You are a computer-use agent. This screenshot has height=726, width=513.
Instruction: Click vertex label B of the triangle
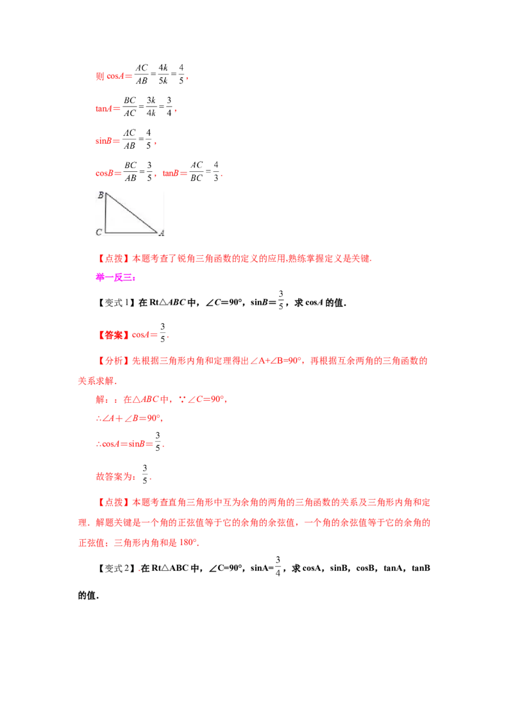[x=101, y=195]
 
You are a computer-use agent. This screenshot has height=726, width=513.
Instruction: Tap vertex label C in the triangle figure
[x=99, y=232]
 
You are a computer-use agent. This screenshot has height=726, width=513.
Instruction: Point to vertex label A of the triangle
[x=162, y=235]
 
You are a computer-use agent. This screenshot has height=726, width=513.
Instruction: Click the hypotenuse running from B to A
[x=131, y=212]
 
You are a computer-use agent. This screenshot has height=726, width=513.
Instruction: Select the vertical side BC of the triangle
[x=106, y=213]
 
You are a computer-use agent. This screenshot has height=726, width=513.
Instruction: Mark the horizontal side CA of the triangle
[x=131, y=232]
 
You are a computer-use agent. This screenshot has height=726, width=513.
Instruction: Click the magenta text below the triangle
[x=115, y=277]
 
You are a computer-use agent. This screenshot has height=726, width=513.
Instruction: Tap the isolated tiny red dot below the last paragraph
[x=139, y=570]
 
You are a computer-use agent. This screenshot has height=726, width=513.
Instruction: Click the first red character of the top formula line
[x=99, y=77]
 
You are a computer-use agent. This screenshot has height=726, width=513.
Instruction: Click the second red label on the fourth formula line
[x=174, y=173]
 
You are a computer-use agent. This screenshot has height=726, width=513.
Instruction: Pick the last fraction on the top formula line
[x=181, y=72]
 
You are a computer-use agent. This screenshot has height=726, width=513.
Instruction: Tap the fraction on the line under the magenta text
[x=164, y=334]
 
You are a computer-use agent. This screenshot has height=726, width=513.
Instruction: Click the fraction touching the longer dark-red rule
[x=158, y=442]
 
